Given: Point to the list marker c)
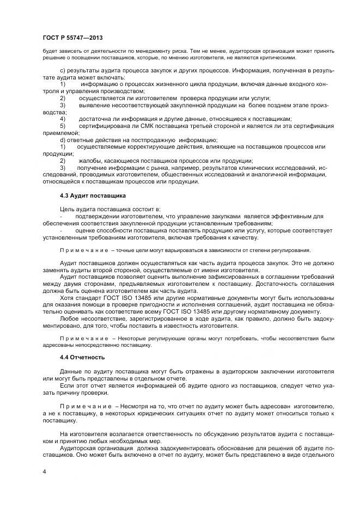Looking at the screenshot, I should [63, 71].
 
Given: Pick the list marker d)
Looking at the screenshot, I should [63, 140].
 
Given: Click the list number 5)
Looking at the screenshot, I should [63, 126].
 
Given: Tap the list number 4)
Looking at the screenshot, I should [63, 119].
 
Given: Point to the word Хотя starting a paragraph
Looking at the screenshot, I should [68, 298].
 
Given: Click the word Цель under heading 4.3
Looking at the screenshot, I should [68, 209].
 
